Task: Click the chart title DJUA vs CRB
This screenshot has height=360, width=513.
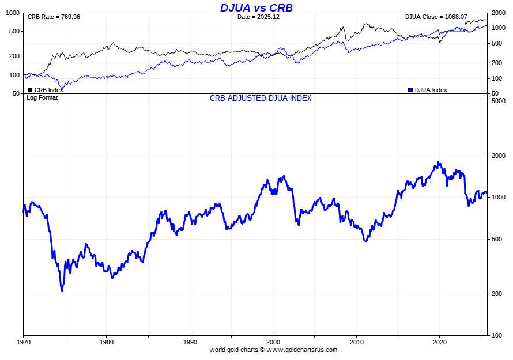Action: click(256, 7)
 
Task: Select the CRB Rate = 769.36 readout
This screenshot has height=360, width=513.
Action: click(54, 17)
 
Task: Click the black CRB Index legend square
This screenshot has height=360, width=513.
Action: click(30, 90)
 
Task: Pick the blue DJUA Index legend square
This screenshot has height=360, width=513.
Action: click(410, 90)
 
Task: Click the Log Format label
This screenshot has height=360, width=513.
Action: click(42, 97)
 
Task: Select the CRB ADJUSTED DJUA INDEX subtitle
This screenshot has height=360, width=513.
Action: click(261, 98)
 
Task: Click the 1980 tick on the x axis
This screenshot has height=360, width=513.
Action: click(106, 342)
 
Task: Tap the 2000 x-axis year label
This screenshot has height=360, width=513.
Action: click(273, 342)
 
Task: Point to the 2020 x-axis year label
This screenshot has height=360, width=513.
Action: click(440, 342)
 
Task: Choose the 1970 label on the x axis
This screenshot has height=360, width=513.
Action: click(23, 342)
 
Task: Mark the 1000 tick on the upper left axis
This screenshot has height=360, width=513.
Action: click(13, 13)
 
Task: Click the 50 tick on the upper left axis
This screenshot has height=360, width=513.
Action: click(16, 93)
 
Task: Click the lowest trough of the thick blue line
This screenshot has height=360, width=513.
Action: click(62, 291)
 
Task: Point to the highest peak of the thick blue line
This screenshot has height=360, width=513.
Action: click(439, 162)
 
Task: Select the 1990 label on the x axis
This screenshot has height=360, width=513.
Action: click(190, 342)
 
